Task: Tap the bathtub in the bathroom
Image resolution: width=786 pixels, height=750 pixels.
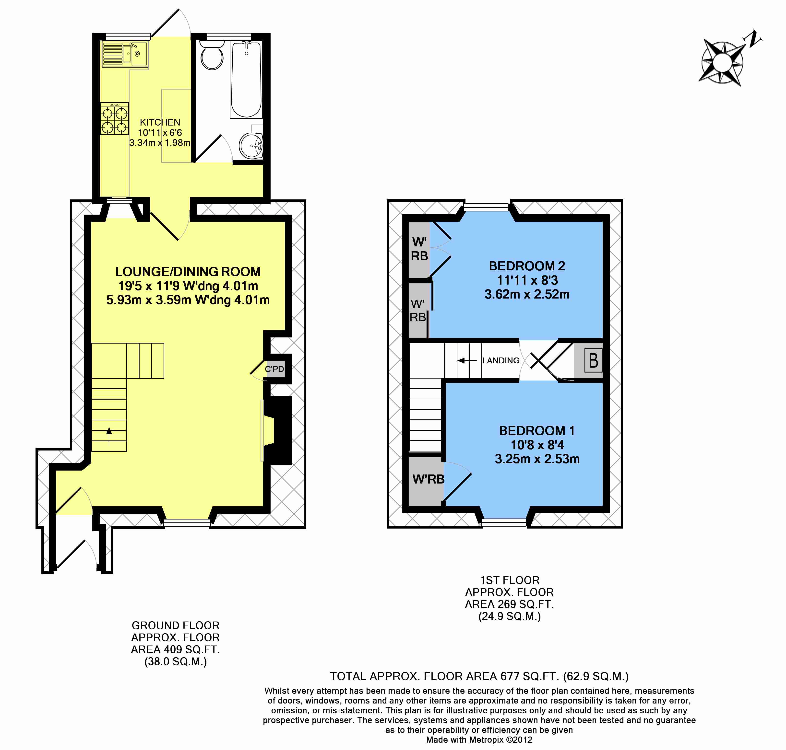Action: tap(246, 80)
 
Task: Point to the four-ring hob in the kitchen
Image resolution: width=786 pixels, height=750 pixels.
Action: tap(114, 118)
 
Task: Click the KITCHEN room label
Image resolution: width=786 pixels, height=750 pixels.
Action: tap(160, 122)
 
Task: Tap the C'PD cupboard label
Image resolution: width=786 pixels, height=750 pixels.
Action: tap(274, 369)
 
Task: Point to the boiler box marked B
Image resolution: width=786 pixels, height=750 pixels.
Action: tap(593, 361)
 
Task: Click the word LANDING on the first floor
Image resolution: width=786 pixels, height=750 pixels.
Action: tap(500, 361)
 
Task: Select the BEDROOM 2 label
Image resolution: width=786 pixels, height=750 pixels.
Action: tap(526, 266)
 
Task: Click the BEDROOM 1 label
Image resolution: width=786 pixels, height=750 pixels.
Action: tap(536, 431)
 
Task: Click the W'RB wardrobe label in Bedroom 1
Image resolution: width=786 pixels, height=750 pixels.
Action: tap(428, 479)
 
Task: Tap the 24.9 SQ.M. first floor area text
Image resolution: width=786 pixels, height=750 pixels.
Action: tap(509, 616)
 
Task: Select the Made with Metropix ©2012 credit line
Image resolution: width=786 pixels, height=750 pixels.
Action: tap(479, 740)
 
